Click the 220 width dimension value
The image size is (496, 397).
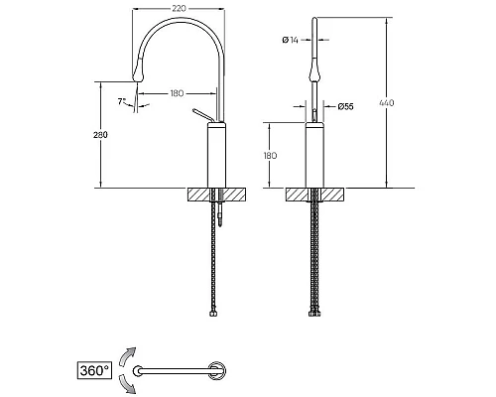pos(179,9)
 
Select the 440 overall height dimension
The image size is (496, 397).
pos(386,103)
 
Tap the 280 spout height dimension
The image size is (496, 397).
pos(100,135)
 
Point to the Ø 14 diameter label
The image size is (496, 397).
pos(290,40)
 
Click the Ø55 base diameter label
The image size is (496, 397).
pos(345,106)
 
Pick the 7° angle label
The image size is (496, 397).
pos(122,101)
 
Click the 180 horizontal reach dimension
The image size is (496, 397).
pos(177,93)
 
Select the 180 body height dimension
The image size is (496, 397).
pos(270,156)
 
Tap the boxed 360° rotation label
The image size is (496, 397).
pos(94,370)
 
